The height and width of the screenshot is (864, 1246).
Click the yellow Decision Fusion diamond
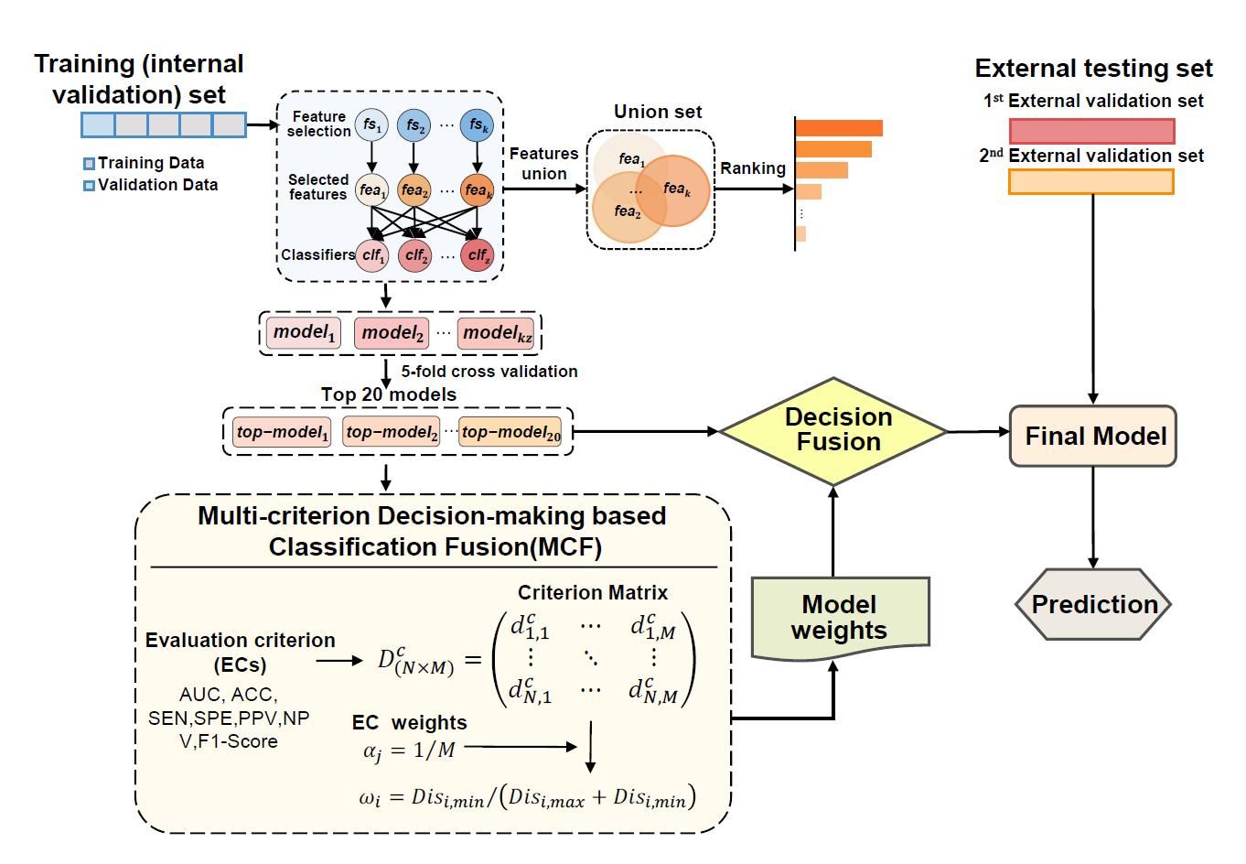tap(833, 430)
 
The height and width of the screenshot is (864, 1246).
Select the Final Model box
tap(1093, 436)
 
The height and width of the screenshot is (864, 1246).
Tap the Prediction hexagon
tap(1093, 604)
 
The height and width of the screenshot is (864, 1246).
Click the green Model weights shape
tap(839, 618)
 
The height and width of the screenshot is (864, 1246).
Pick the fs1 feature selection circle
tap(371, 124)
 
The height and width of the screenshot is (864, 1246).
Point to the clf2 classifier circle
tap(415, 255)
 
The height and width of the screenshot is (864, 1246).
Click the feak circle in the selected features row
tap(478, 190)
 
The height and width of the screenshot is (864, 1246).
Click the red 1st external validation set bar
tap(1091, 130)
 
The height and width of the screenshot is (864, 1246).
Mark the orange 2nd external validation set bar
tap(1090, 181)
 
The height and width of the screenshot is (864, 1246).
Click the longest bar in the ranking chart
tap(839, 128)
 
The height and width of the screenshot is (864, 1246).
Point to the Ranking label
tap(752, 168)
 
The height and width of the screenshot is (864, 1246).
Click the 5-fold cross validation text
tap(489, 372)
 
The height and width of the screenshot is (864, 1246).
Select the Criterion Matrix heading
tap(593, 592)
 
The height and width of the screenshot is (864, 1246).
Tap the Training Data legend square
tap(89, 164)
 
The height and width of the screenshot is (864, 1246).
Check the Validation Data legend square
tap(89, 186)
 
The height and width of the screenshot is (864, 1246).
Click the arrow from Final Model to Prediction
tap(1093, 517)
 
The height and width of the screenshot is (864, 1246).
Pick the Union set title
tap(658, 112)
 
